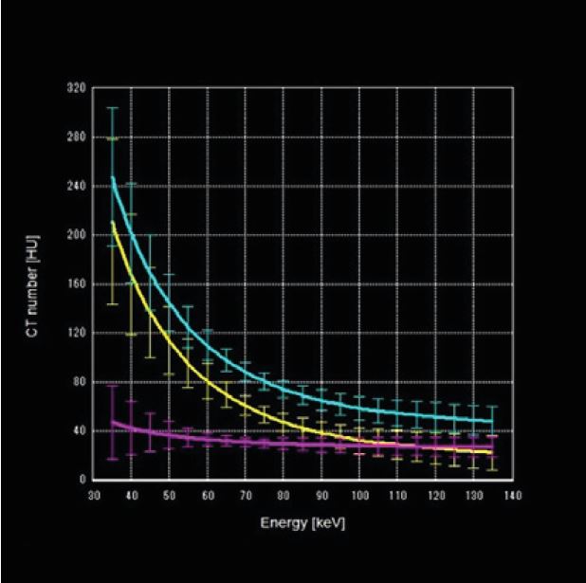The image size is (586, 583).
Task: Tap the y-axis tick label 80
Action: pos(78,382)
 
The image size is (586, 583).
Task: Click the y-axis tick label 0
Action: pos(82,480)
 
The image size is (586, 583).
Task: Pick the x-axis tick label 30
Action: pos(93,495)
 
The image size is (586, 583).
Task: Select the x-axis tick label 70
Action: pos(246,495)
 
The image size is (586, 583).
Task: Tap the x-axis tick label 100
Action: pos(360,495)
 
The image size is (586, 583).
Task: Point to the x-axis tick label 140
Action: pos(513,495)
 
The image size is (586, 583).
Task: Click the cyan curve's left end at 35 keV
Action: pos(113,177)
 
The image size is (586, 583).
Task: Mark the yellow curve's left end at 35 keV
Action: pos(113,223)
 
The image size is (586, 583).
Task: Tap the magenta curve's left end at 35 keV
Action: pos(113,423)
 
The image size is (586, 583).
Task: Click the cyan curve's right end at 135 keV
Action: pos(493,421)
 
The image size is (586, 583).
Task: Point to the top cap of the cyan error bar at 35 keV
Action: pos(113,108)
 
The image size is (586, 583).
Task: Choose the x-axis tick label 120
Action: pos(436,495)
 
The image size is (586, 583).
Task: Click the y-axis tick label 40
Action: pos(78,430)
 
